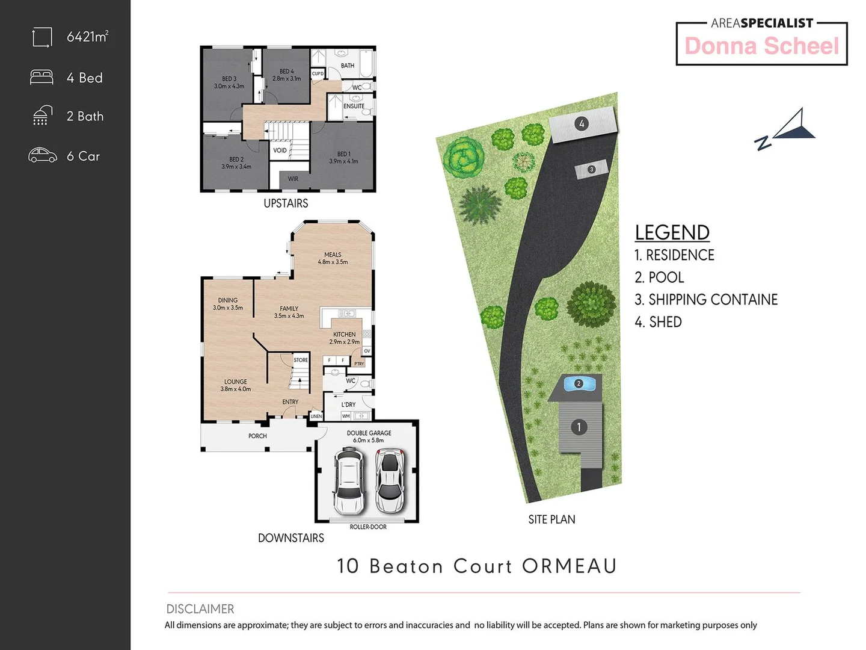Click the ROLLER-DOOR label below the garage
coord(368,527)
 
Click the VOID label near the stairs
coord(280,150)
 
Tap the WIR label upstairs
coord(293,179)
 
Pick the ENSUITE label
coord(354,107)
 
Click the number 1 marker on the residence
coord(579,427)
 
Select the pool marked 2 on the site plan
coord(579,384)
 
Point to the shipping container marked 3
coord(591,170)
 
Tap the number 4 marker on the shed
coord(581,124)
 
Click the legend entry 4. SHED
coord(658,322)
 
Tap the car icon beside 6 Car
coord(43,155)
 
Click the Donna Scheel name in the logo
coord(761,46)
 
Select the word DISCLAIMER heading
coord(200,608)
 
